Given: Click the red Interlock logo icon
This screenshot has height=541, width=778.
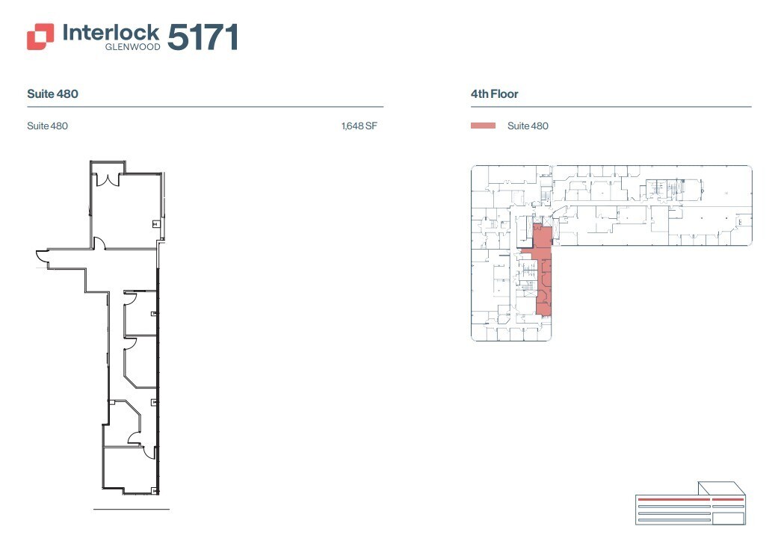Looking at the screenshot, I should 40,37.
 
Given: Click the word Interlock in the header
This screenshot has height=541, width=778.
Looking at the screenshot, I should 111,32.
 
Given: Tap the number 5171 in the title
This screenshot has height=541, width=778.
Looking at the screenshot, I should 203,37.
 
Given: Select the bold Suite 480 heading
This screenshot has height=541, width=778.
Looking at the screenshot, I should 52,94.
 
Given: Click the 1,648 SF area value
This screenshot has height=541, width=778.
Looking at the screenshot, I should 359,126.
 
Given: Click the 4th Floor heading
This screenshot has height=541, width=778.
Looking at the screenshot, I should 494,94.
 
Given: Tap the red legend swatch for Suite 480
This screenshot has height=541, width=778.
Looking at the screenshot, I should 483,126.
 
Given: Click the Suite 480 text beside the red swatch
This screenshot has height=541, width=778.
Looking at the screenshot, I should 528,126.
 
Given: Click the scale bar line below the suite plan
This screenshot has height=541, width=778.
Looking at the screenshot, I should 132,510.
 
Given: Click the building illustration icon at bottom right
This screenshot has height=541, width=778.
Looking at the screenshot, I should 690,507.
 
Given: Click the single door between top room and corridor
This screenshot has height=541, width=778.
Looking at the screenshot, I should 99,244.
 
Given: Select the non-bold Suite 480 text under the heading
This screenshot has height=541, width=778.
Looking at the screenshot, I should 47,126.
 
